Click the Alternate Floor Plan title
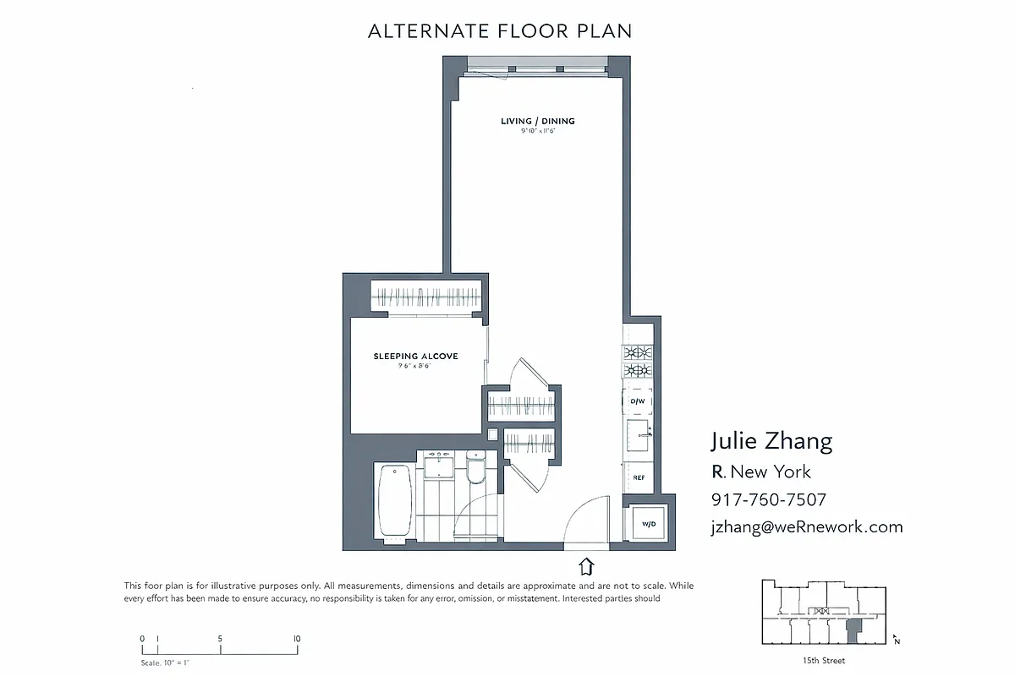[500, 32]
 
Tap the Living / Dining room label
[537, 122]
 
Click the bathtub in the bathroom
[393, 501]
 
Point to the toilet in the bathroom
[475, 467]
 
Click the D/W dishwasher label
[638, 401]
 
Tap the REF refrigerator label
[639, 478]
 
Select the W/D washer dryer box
[649, 524]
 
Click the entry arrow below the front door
[586, 565]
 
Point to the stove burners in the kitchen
[638, 362]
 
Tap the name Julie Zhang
[771, 441]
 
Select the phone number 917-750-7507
[768, 499]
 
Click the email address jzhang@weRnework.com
[807, 526]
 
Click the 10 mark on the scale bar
[297, 639]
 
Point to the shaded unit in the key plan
[854, 630]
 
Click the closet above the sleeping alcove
[427, 297]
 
